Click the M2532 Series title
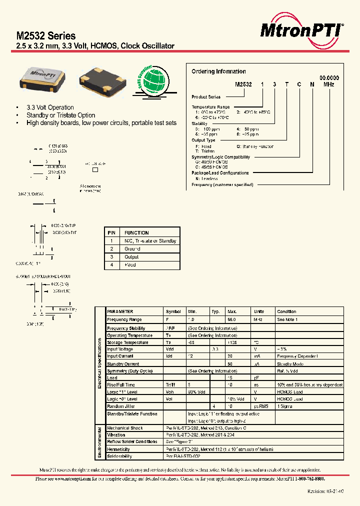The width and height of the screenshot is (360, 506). tap(46, 36)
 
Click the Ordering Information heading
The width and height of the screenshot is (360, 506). tap(218, 71)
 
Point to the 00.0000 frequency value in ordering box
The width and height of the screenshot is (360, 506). tap(329, 78)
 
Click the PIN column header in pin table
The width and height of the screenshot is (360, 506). tap(111, 233)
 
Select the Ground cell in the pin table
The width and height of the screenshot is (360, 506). tap(132, 249)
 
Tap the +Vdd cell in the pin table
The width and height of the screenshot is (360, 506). tap(130, 265)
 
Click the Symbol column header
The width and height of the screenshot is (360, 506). tap(173, 311)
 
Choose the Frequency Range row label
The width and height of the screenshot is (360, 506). tap(124, 319)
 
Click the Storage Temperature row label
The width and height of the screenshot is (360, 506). tap(127, 342)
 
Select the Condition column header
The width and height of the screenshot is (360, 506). tap(287, 311)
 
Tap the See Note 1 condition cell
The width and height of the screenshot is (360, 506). tap(287, 319)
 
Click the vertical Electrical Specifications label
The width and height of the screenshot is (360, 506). tap(100, 363)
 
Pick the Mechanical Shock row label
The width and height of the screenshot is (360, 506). tap(125, 428)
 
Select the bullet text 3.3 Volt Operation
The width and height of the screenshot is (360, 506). tap(50, 107)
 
